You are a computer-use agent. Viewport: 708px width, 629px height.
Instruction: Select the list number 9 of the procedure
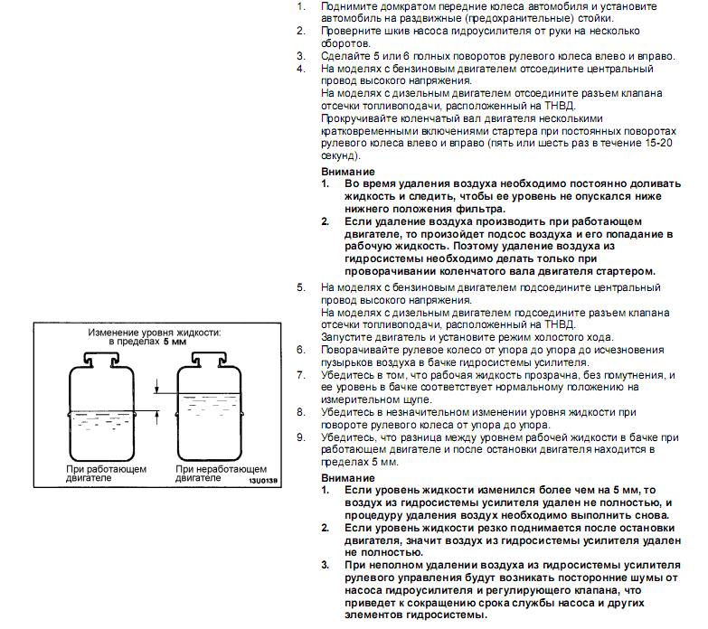click(301, 437)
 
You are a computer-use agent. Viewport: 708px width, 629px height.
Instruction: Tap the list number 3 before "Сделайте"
click(301, 56)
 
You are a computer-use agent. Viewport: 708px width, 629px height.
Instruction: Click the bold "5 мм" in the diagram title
click(175, 343)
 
